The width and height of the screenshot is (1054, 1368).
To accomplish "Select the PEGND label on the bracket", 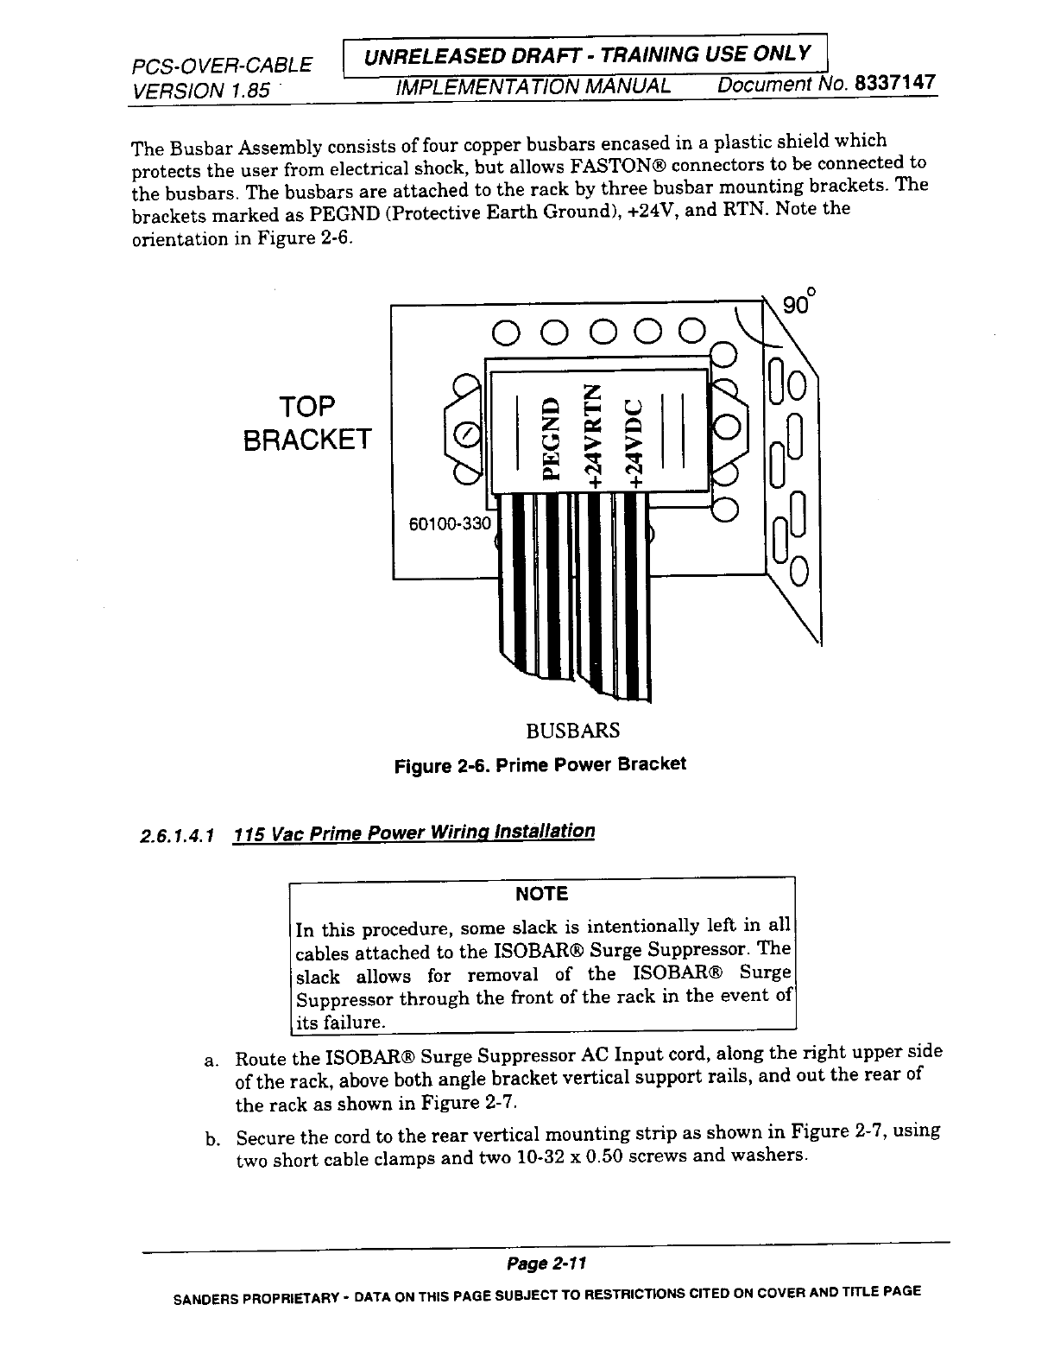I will click(550, 437).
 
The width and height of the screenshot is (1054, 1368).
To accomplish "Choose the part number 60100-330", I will click(448, 524).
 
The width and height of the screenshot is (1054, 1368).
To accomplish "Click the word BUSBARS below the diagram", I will click(572, 731).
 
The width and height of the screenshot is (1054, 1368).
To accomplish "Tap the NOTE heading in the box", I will click(541, 894).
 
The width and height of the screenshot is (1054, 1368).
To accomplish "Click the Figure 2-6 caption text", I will click(540, 765).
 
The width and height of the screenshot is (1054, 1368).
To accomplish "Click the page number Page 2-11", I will click(546, 1263).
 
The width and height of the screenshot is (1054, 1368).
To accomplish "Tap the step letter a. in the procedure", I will click(211, 1061).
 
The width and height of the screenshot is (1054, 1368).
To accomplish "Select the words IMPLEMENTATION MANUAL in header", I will click(533, 87).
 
